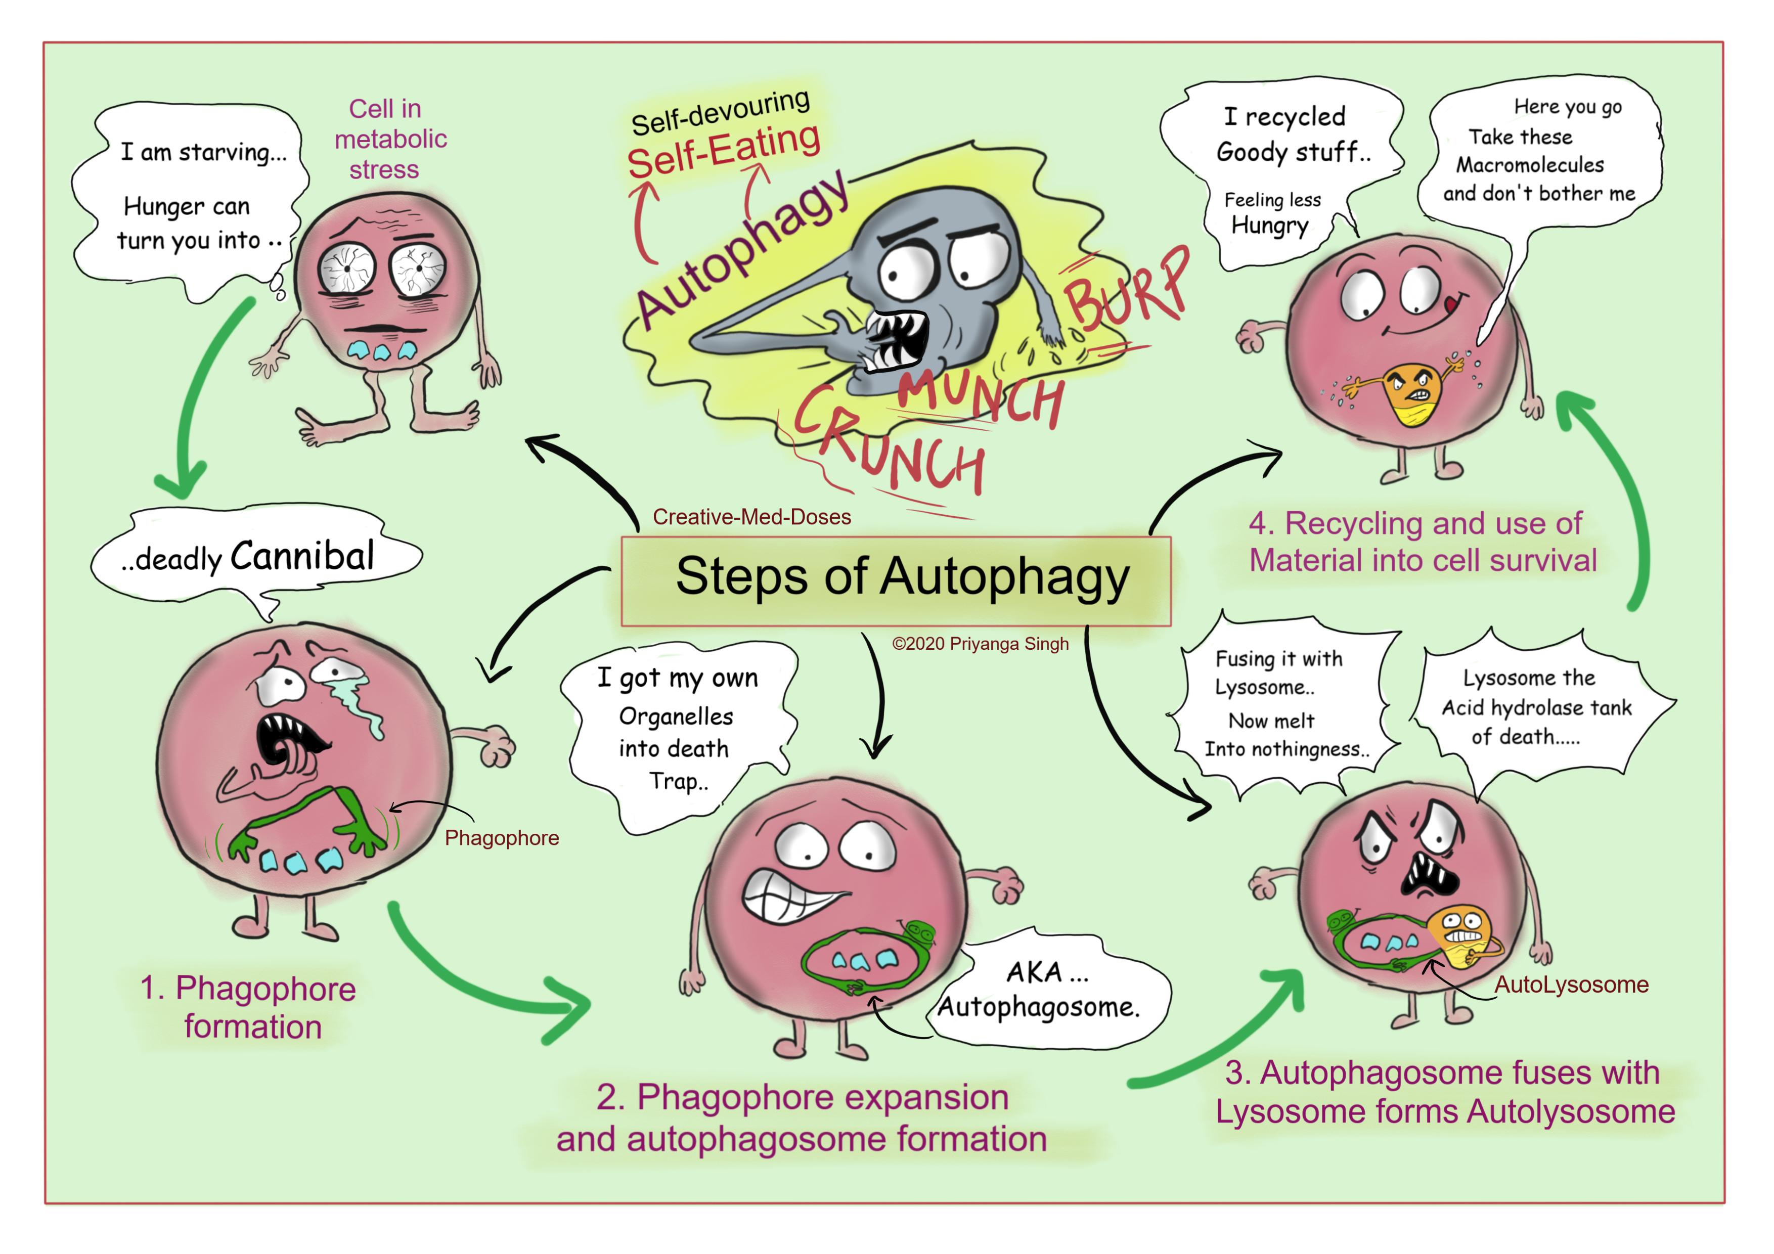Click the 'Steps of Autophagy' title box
click(896, 580)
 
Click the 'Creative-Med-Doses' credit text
click(752, 517)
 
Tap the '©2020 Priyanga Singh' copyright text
click(981, 644)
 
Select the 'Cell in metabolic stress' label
click(390, 139)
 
